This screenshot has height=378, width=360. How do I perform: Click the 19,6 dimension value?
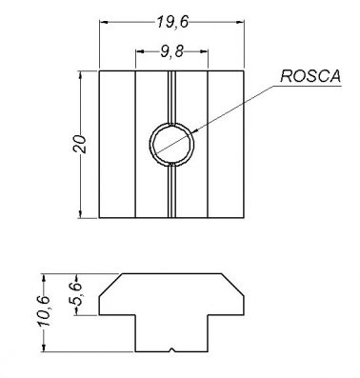click(x=172, y=23)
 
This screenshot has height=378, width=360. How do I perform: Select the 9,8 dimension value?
click(x=171, y=51)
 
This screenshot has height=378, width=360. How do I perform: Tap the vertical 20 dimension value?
click(x=80, y=145)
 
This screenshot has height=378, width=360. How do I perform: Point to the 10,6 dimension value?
click(x=43, y=311)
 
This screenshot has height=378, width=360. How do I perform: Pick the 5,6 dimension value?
click(x=76, y=294)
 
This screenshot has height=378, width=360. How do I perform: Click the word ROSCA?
click(x=310, y=76)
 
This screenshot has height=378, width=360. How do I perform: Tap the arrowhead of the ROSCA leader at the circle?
click(x=194, y=130)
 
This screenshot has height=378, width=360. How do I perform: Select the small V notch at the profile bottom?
click(x=171, y=350)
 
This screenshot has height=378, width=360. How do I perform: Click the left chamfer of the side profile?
click(x=110, y=285)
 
